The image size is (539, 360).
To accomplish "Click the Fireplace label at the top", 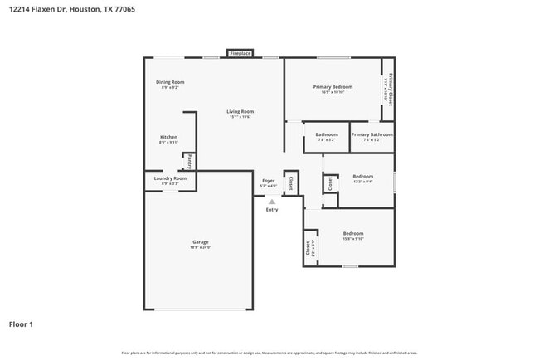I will [x=240, y=53].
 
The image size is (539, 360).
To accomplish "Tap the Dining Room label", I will [x=170, y=82].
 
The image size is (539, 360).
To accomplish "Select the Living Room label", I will [x=240, y=111].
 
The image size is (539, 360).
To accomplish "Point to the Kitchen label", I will [x=168, y=137].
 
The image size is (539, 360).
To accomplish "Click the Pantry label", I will [x=189, y=160].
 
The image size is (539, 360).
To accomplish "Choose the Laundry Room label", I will [x=170, y=178].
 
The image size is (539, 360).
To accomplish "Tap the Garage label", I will [x=200, y=242].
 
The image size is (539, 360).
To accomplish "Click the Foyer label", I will [x=268, y=181].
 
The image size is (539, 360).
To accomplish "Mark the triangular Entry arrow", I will [x=271, y=201].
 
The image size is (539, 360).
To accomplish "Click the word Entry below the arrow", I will [x=272, y=209].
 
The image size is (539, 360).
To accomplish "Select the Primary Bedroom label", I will [x=333, y=87].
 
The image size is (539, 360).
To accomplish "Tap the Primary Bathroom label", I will [x=371, y=134].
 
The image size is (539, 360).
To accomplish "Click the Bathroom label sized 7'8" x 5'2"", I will [x=327, y=134].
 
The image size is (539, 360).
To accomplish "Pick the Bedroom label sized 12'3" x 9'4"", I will [x=362, y=176].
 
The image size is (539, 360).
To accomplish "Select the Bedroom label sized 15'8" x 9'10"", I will [x=353, y=234].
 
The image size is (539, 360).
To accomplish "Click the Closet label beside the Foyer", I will [x=290, y=182].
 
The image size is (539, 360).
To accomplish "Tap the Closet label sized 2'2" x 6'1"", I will [x=308, y=247].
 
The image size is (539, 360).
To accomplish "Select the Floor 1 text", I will [x=22, y=324].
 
